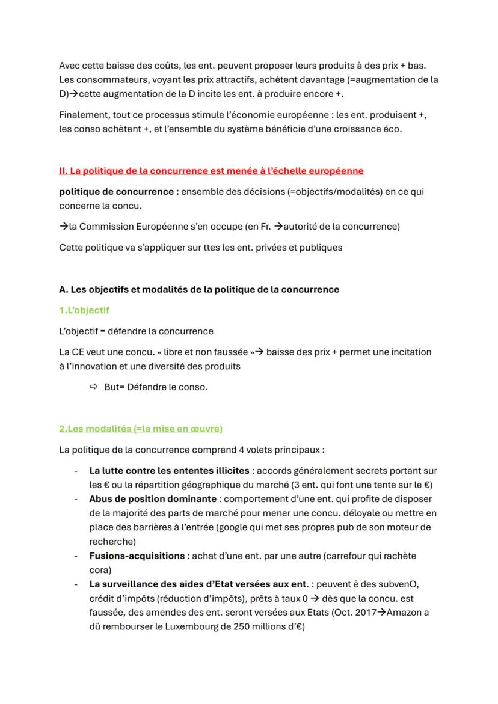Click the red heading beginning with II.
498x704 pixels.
coord(211,171)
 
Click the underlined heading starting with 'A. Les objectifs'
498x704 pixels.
coord(199,289)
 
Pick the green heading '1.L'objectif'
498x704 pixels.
coord(84,310)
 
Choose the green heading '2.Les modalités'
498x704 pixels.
coord(141,429)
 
